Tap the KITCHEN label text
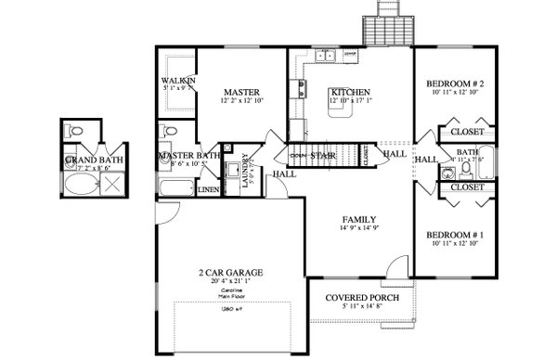tap(351, 92)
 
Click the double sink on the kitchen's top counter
tap(326, 58)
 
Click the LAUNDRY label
tap(246, 171)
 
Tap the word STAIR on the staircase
tap(323, 155)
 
